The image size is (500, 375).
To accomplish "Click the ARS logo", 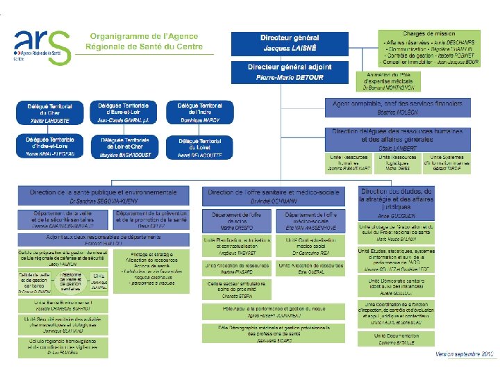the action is [42, 47].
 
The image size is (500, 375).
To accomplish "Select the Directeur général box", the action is [290, 42].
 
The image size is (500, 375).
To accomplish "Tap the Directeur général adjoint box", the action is [290, 72].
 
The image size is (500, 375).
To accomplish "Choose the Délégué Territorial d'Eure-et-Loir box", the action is [124, 113].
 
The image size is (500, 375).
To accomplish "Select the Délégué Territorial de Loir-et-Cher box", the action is [124, 147].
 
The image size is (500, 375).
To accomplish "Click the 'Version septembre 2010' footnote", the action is [465, 354].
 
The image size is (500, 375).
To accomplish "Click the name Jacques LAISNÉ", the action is [290, 49].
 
